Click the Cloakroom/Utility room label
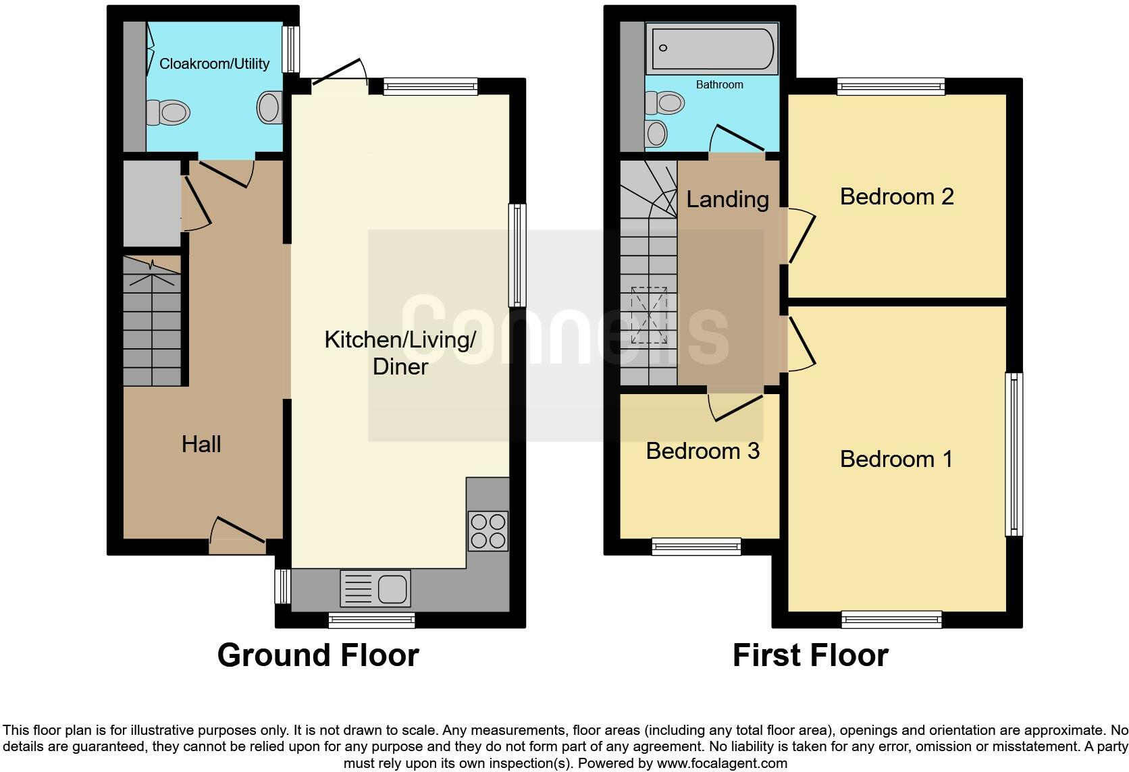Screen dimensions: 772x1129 214,63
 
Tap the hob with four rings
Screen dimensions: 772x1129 488,531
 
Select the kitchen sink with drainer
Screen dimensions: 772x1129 375,588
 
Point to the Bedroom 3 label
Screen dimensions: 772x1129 702,451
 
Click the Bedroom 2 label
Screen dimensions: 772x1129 896,196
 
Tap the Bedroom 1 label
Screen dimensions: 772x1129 896,459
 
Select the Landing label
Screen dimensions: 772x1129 727,199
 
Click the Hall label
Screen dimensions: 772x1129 201,444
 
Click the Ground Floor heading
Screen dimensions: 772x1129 318,655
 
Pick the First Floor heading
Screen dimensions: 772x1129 810,655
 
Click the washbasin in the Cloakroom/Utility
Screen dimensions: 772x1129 269,107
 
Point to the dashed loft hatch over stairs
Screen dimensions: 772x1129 649,315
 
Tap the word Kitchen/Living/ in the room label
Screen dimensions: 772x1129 400,339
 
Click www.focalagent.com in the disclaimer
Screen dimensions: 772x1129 722,763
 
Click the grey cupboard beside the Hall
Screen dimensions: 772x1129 151,203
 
